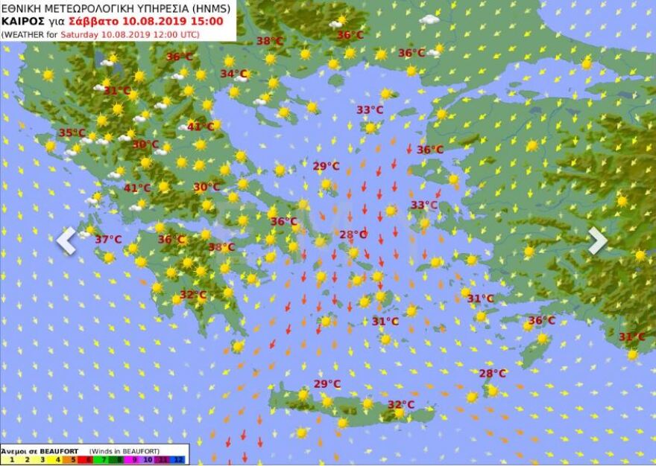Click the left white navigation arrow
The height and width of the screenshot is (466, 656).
pyautogui.click(x=67, y=240)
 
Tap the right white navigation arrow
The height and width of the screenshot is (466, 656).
pyautogui.click(x=597, y=240)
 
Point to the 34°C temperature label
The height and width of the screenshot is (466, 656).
pyautogui.click(x=233, y=74)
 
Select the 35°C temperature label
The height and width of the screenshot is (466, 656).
pyautogui.click(x=72, y=133)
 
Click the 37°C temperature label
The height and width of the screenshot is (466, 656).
pyautogui.click(x=108, y=240)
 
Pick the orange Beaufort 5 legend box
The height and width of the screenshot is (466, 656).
pyautogui.click(x=74, y=460)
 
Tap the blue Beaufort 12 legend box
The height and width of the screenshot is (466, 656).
pyautogui.click(x=179, y=460)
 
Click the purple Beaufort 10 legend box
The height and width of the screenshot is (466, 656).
pyautogui.click(x=149, y=460)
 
